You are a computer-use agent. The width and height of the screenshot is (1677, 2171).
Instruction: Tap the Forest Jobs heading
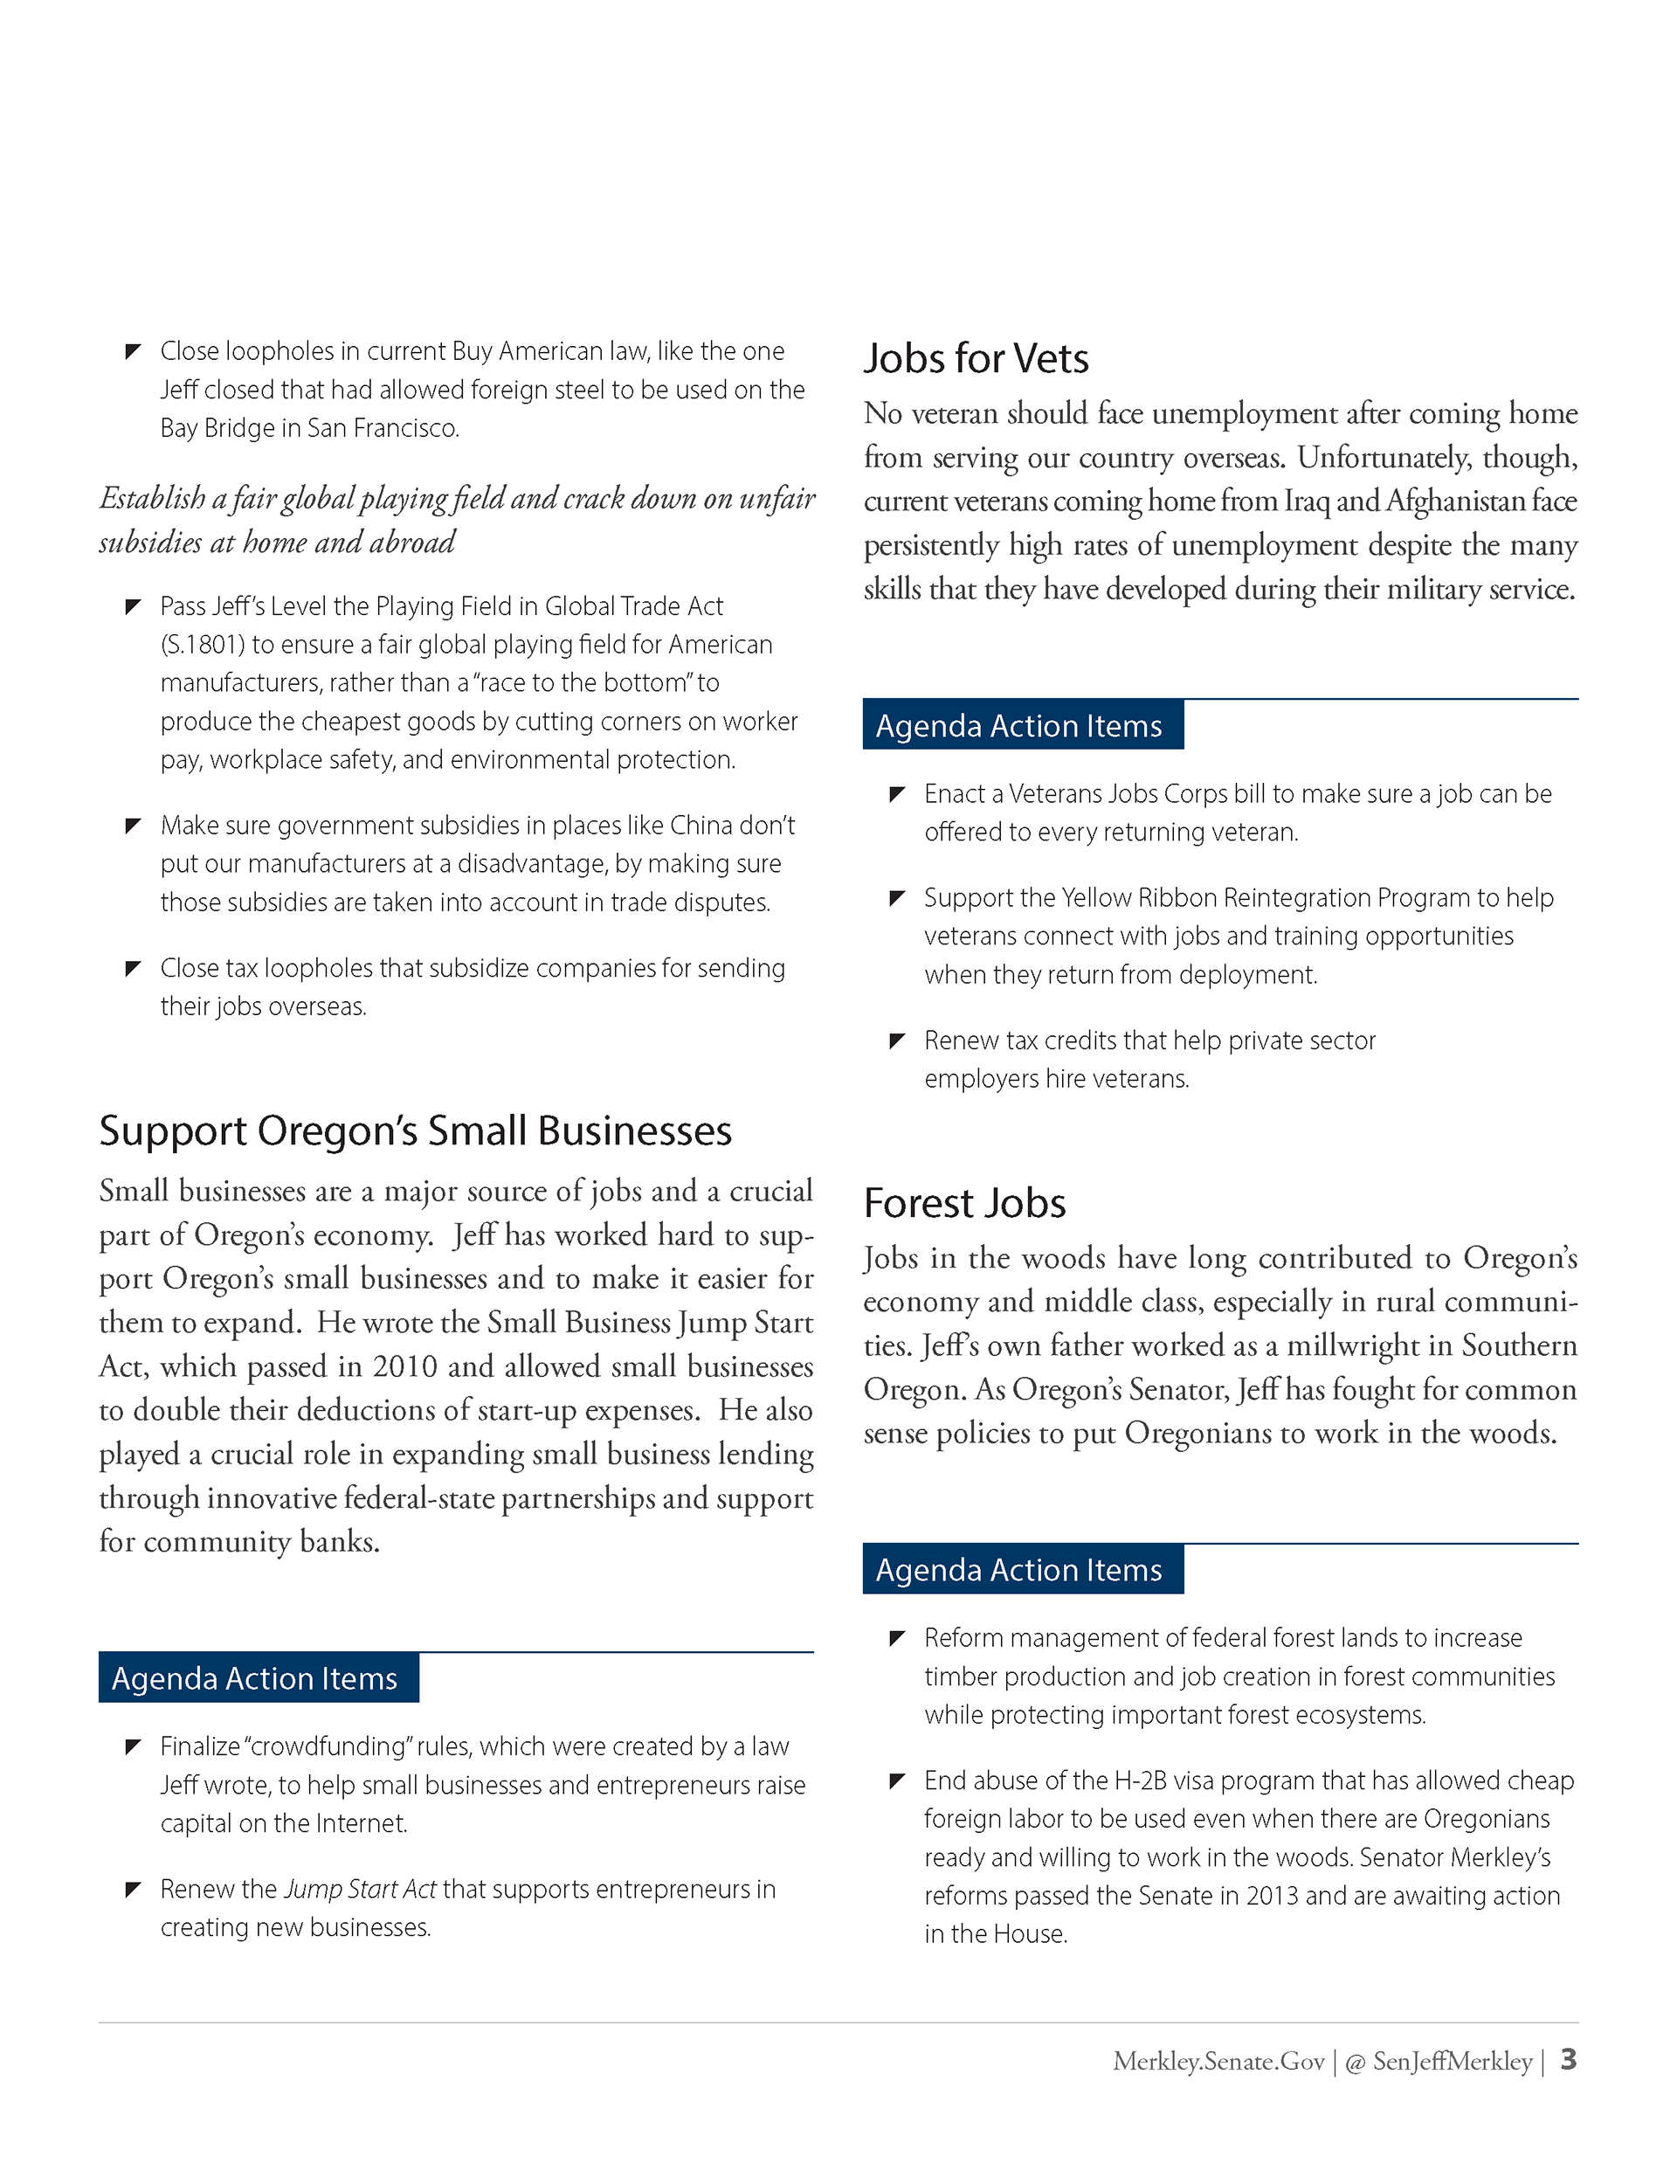pos(964,1203)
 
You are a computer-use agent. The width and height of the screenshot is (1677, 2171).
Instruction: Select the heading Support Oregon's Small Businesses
pos(415,1131)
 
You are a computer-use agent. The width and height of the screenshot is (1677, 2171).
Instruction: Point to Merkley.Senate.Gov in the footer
pos(1218,2062)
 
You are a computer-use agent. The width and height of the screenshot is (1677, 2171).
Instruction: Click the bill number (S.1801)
pos(203,645)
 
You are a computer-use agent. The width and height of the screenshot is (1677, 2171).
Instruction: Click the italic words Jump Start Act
pos(360,1889)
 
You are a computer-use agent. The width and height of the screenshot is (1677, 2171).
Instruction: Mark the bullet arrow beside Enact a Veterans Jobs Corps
pos(897,794)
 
